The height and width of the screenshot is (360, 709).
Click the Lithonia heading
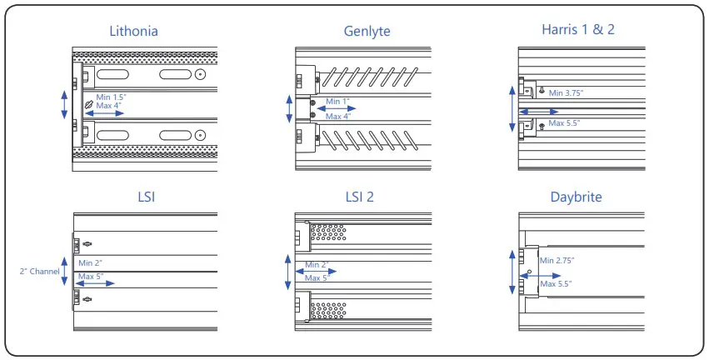[x=133, y=32]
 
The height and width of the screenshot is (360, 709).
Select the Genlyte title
[x=367, y=32]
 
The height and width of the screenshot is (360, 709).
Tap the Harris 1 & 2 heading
[x=577, y=30]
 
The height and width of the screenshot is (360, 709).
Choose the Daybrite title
[x=577, y=197]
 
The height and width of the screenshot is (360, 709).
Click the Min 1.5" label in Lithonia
[x=112, y=97]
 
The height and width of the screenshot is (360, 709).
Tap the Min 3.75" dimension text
[x=567, y=92]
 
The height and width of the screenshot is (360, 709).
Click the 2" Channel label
[x=39, y=271]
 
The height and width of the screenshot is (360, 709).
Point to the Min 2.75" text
[x=557, y=261]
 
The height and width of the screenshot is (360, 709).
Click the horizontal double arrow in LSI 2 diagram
[x=309, y=271]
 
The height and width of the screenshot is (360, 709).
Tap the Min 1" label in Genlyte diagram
[x=337, y=102]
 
